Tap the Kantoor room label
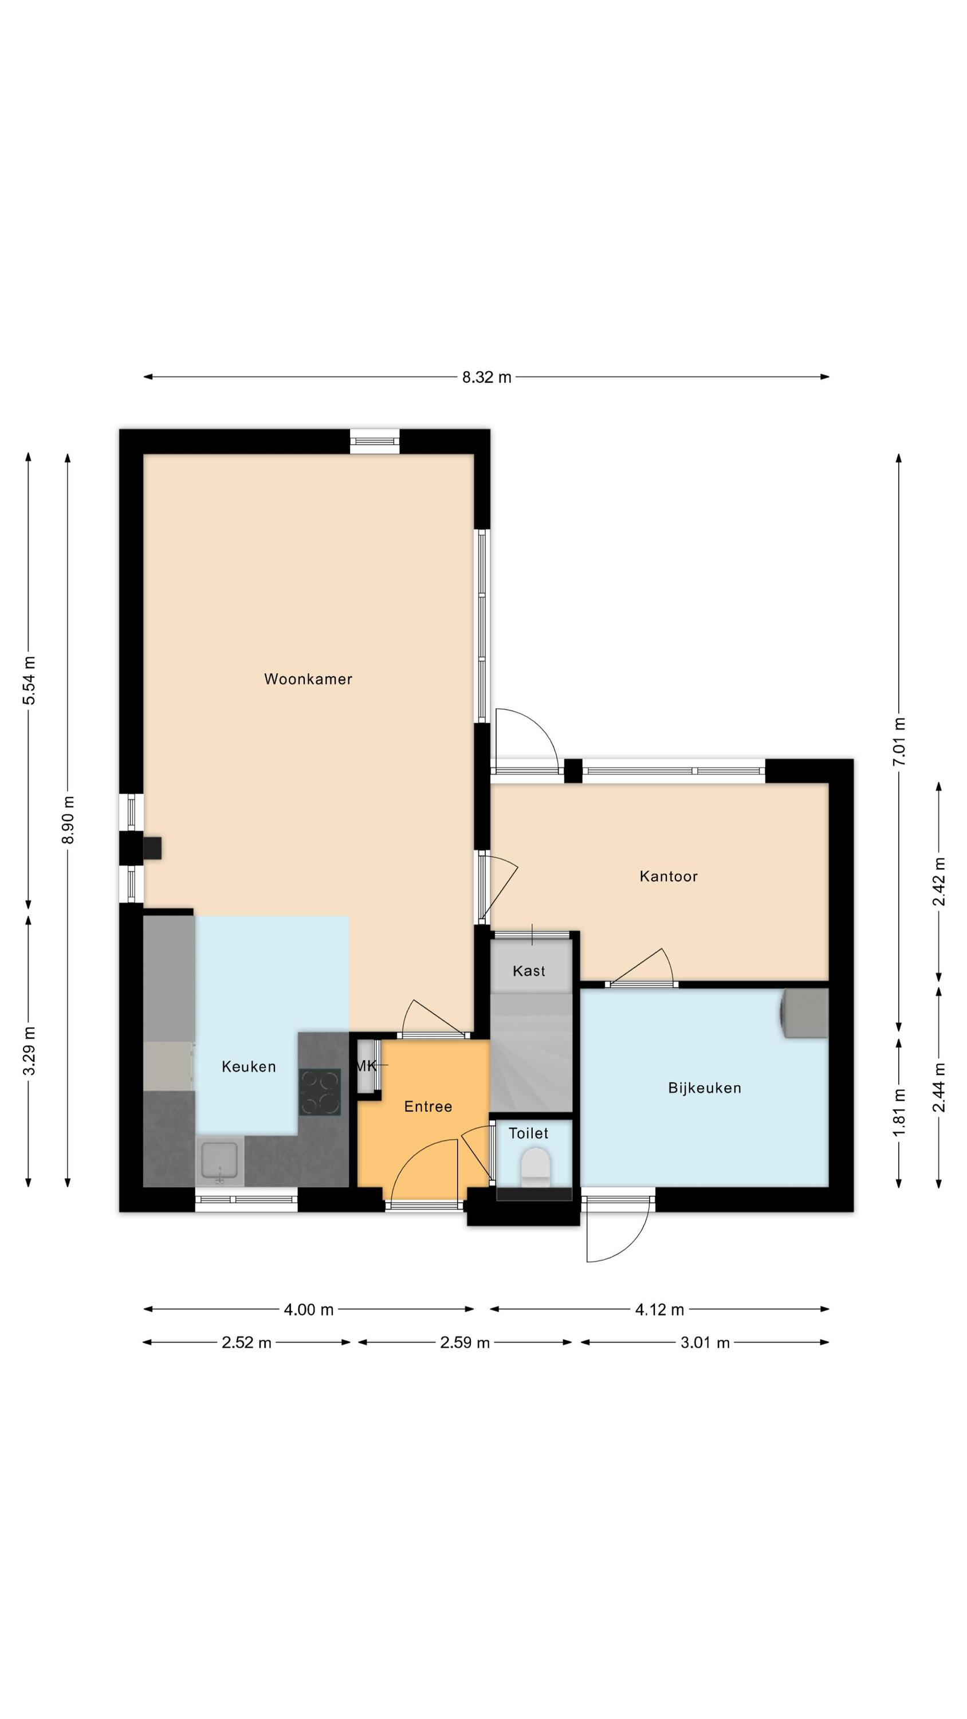click(668, 876)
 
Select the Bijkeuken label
click(704, 1088)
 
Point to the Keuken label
click(248, 1066)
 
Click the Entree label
click(428, 1106)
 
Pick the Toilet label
click(528, 1133)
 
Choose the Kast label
click(529, 971)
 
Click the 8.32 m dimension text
click(486, 377)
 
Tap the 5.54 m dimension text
click(29, 680)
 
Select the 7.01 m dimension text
click(899, 742)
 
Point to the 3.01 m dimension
click(705, 1343)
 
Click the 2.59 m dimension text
click(465, 1343)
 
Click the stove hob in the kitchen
click(320, 1092)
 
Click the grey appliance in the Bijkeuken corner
click(805, 1013)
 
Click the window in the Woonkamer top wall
click(375, 441)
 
